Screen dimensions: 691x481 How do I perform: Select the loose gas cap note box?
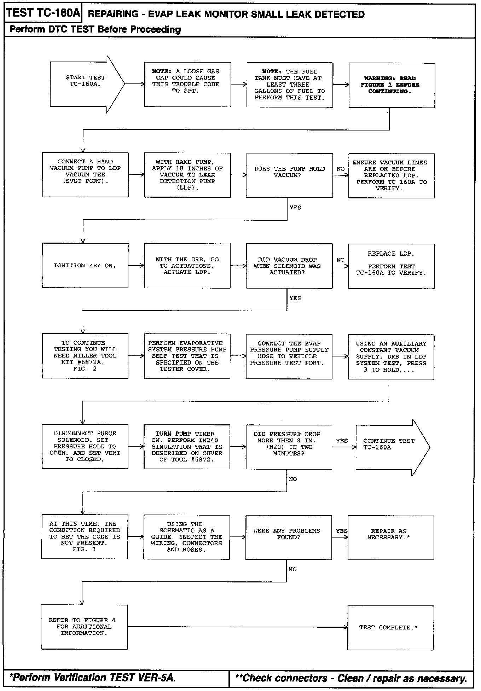tap(187, 85)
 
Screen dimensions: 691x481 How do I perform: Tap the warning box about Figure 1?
tap(392, 85)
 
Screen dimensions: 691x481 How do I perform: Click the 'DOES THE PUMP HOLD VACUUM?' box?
tap(289, 175)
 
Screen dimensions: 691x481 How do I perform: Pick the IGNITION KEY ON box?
tap(85, 265)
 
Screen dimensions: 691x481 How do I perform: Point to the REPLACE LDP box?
tap(391, 266)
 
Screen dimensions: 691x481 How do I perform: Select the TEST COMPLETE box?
tap(390, 627)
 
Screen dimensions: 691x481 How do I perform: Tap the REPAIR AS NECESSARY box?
tap(390, 537)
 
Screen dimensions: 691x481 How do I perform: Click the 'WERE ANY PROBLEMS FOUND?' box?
tap(289, 537)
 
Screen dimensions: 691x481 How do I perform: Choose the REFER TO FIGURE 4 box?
tap(84, 627)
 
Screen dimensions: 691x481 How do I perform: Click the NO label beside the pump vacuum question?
tap(341, 169)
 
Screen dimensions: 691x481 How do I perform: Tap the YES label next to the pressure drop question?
tap(342, 441)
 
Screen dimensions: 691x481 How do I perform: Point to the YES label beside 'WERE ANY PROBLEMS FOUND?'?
tap(342, 531)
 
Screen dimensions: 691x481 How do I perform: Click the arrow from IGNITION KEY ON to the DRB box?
tap(136, 266)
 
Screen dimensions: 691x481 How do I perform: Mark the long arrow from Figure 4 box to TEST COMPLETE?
tap(237, 627)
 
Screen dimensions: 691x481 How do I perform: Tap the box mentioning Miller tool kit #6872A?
tap(85, 356)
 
